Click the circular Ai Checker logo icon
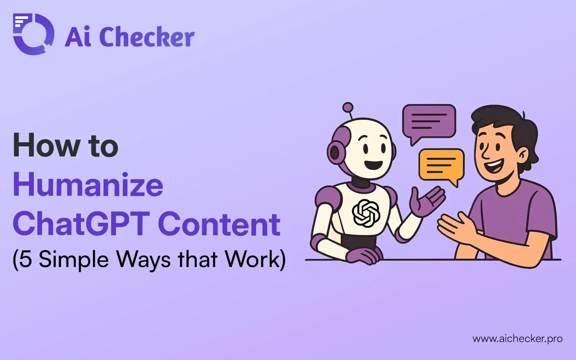coord(33,34)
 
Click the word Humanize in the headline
coord(88,185)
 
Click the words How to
coord(65,146)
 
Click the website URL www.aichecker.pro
coord(517,339)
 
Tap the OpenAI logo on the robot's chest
coord(366,213)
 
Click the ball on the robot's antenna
coord(348,107)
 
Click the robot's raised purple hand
coord(427,203)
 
